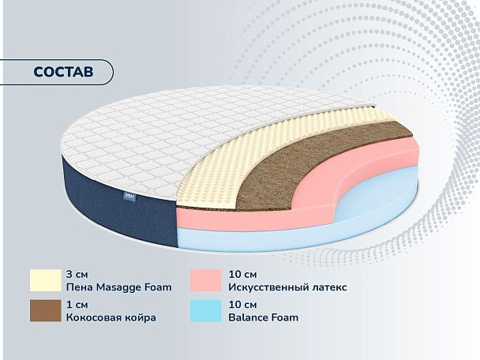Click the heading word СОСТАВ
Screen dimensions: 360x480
[x=62, y=71]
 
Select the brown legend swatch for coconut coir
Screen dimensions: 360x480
[x=45, y=311]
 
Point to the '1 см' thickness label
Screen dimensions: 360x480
[x=77, y=304]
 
